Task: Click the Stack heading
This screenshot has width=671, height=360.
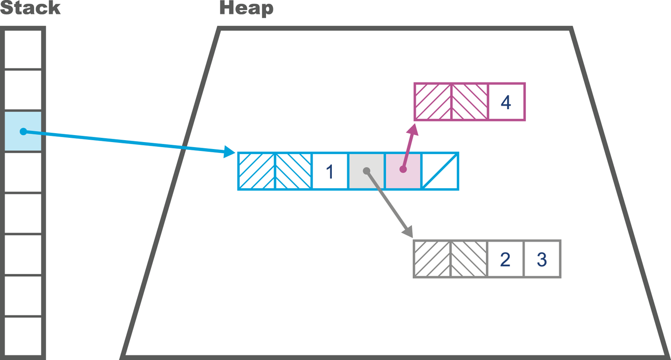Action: click(30, 8)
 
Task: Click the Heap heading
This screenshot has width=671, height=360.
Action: click(246, 8)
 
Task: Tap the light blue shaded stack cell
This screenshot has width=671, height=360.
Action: click(23, 131)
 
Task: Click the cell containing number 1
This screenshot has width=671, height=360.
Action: click(330, 171)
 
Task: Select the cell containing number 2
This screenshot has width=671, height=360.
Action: click(505, 259)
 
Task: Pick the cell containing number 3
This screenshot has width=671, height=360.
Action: click(541, 259)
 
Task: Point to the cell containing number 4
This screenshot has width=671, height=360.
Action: click(506, 102)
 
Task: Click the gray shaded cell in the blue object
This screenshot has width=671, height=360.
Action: click(366, 171)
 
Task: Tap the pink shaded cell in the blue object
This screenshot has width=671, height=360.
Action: click(403, 171)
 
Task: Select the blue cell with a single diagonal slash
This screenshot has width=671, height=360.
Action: click(440, 171)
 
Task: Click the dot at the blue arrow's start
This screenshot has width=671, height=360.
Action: click(23, 132)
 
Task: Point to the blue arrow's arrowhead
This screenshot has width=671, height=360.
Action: click(230, 152)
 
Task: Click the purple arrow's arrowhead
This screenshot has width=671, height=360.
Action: click(412, 128)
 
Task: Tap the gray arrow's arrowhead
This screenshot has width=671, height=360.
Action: click(408, 231)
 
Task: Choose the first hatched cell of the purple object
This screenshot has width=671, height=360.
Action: click(433, 102)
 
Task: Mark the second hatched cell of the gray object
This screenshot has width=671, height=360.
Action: click(469, 259)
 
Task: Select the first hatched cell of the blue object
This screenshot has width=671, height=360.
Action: click(257, 171)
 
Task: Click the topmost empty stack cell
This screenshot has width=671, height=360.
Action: click(23, 49)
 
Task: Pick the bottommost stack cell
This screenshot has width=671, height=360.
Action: click(23, 336)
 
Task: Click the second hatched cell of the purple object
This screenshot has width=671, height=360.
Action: click(470, 102)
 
